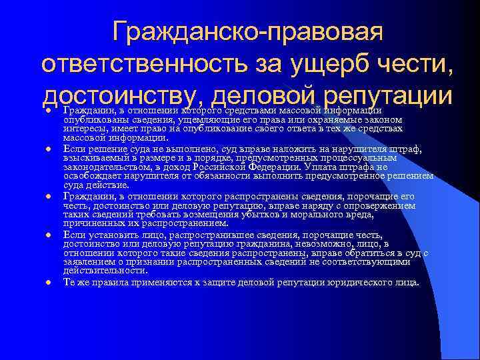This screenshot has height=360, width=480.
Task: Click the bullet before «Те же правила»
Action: click(x=49, y=282)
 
